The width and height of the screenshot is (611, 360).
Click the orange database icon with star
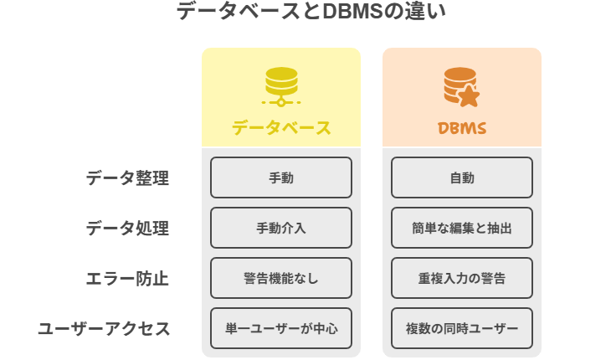click(461, 86)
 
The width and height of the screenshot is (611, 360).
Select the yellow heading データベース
click(281, 128)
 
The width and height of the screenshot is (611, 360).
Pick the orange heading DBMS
click(462, 128)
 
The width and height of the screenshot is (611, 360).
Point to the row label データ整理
click(127, 177)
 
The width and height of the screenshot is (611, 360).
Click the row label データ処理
click(127, 228)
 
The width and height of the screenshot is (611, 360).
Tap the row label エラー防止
click(127, 278)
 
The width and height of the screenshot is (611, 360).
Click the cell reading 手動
click(281, 177)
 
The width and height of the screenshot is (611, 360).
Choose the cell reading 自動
click(462, 177)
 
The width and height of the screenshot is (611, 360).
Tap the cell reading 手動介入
click(281, 228)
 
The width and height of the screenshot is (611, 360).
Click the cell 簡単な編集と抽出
click(462, 228)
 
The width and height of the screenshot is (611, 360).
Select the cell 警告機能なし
click(281, 278)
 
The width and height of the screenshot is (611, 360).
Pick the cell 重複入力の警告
click(462, 278)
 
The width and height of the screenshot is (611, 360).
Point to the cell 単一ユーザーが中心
click(281, 328)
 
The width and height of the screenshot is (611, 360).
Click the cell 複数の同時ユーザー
click(462, 328)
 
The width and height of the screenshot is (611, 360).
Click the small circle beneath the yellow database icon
click(281, 102)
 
